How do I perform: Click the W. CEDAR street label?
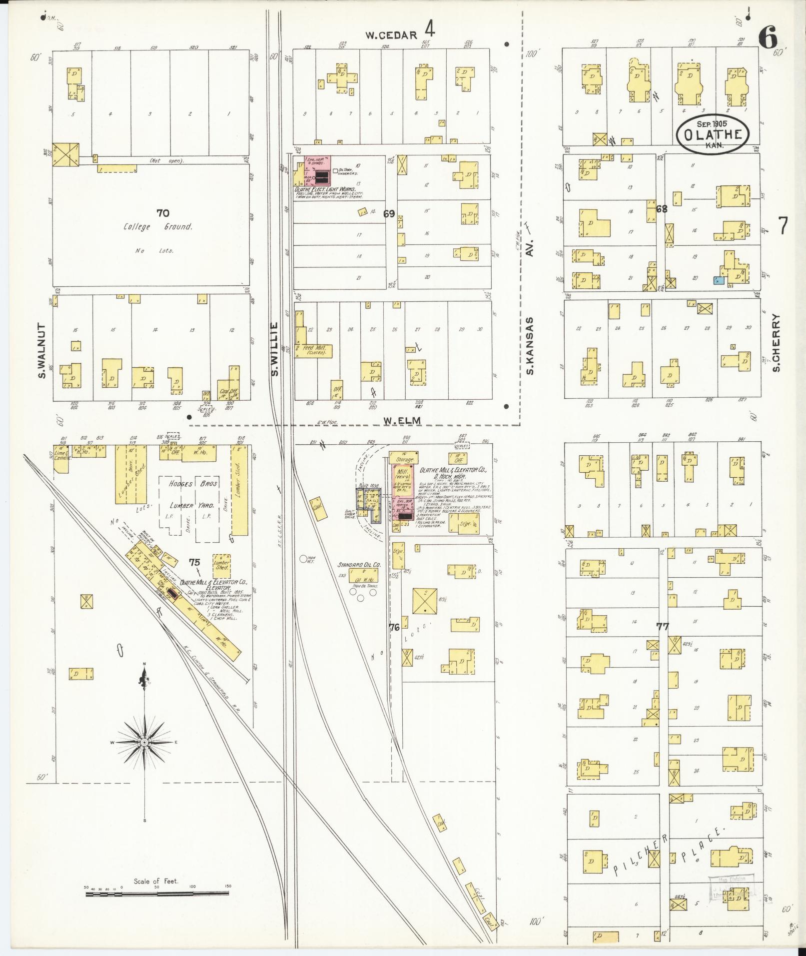click(391, 35)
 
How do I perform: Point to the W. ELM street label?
click(402, 421)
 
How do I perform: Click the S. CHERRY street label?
click(776, 342)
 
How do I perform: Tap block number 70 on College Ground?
click(162, 213)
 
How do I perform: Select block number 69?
click(389, 214)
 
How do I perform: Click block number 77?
click(663, 626)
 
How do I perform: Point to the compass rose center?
click(144, 743)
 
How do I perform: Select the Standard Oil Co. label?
click(359, 565)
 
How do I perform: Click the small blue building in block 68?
click(719, 280)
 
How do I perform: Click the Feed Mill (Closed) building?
click(313, 350)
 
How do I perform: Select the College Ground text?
click(158, 227)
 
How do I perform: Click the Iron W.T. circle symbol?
click(303, 560)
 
